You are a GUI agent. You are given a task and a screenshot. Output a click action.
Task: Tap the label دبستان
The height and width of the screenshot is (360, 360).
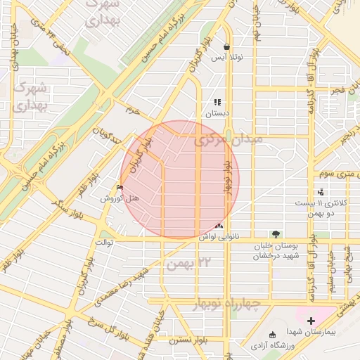[x=217, y=112]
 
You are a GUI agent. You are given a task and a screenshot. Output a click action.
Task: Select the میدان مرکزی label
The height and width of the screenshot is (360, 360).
[x=230, y=141]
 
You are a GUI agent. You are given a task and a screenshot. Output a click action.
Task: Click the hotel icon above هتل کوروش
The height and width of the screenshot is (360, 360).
[x=120, y=188]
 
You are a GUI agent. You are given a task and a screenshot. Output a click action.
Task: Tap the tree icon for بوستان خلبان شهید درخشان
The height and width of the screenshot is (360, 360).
[x=275, y=234]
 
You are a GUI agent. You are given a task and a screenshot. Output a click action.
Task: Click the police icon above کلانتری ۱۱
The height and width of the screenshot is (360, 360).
[x=321, y=192]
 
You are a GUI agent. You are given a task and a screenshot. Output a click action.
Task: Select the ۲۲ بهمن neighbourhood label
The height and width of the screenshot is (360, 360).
[x=187, y=263]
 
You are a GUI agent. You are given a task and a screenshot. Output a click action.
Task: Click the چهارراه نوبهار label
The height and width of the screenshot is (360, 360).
[x=225, y=303]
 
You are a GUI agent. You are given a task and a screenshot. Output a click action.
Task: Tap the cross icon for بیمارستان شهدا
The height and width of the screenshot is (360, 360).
[x=311, y=321]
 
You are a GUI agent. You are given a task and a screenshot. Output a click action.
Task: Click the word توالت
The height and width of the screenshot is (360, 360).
[x=104, y=243]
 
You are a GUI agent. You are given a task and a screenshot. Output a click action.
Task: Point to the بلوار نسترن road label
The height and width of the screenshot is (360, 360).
[x=186, y=340]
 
